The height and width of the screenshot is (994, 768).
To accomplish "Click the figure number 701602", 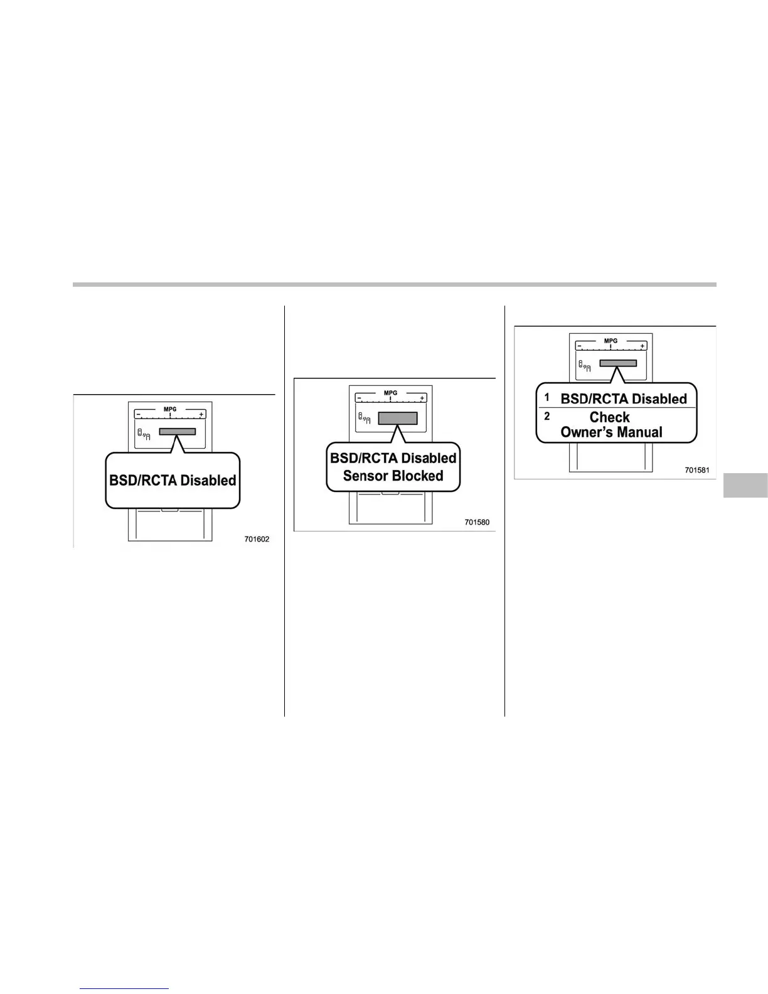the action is click(x=257, y=539).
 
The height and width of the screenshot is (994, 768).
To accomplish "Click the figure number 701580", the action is click(x=477, y=522).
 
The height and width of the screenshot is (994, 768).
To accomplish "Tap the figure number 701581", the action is click(x=696, y=470).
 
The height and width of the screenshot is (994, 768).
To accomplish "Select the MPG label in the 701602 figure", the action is click(x=170, y=409).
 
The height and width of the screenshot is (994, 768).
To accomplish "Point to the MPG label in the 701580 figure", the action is click(x=390, y=393).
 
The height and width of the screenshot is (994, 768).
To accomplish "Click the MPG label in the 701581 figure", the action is click(x=611, y=341).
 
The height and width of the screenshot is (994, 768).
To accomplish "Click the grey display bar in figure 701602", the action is click(x=178, y=431).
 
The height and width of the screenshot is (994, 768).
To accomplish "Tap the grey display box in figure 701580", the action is click(x=398, y=419).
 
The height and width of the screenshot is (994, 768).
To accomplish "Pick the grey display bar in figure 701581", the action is click(x=618, y=363).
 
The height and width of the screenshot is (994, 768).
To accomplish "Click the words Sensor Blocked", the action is click(x=393, y=476).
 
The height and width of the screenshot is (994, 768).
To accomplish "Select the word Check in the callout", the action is click(x=609, y=417).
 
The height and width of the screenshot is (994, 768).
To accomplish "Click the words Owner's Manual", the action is click(x=611, y=432).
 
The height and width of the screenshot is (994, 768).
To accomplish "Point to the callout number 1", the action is click(x=547, y=397).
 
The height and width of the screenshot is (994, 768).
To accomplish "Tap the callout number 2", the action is click(x=547, y=416).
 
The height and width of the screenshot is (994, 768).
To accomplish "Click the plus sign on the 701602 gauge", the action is click(x=201, y=415).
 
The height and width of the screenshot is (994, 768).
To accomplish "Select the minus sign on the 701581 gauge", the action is click(x=580, y=346).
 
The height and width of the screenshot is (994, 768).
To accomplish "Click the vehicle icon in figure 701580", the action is click(x=364, y=419).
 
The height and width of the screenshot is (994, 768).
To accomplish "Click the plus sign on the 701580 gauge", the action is click(x=422, y=398).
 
